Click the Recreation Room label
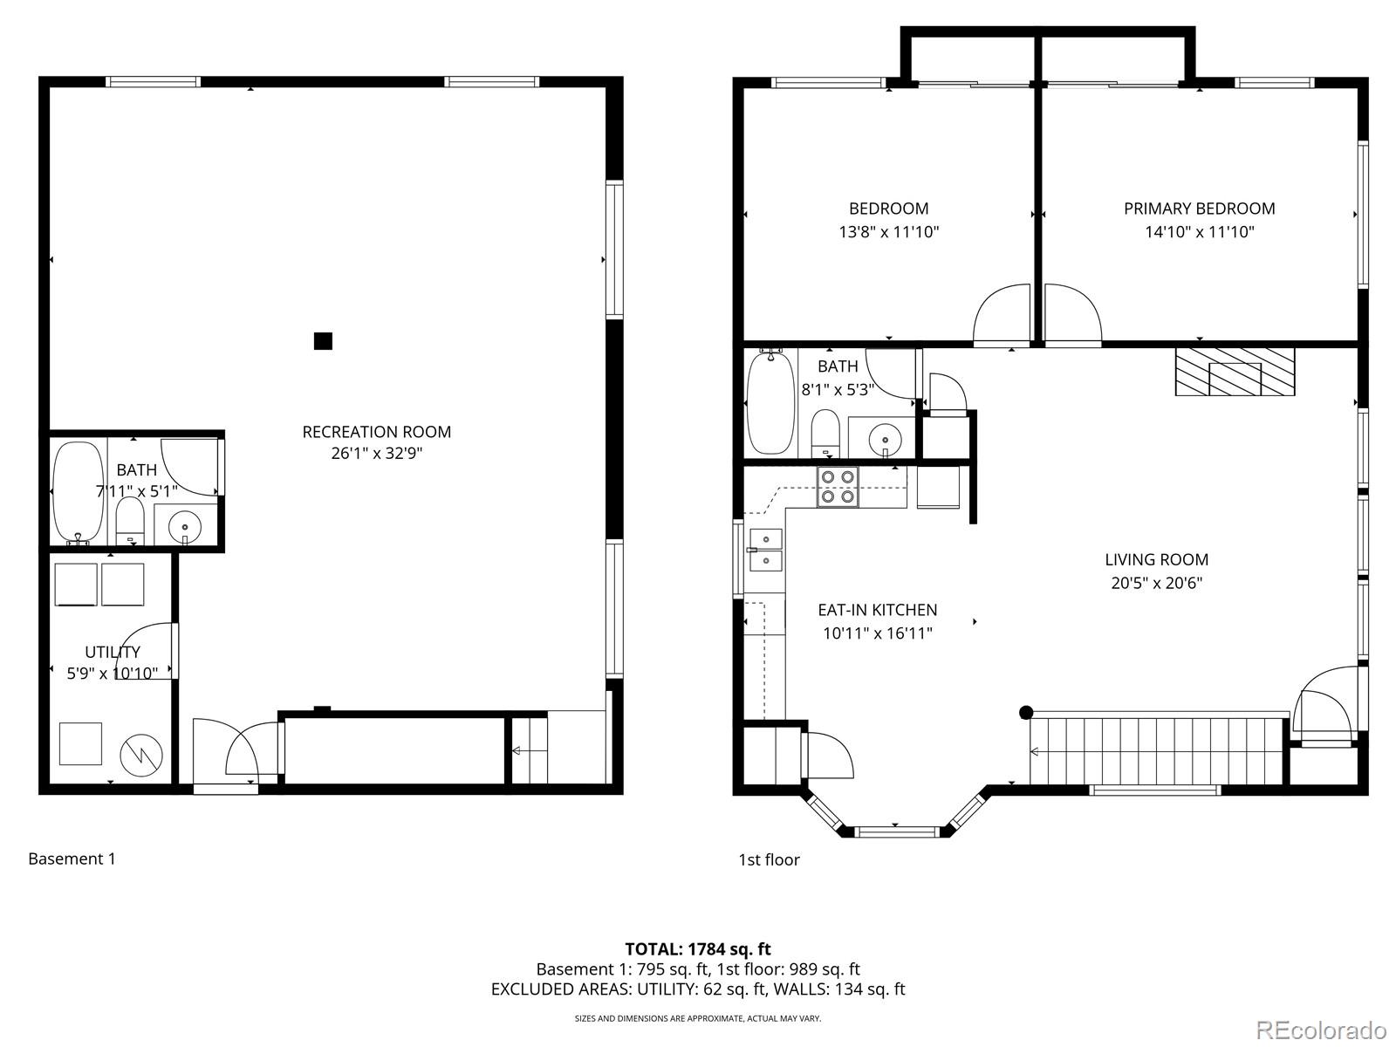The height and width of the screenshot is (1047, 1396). point(376,432)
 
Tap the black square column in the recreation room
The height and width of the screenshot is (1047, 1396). point(323,341)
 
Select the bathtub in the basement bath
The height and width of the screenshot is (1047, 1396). point(79,492)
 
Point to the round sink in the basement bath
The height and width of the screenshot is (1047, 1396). point(184,528)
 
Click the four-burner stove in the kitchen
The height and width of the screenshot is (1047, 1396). point(838,487)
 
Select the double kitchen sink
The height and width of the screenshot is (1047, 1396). point(765,550)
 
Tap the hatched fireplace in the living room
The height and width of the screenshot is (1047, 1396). point(1235,372)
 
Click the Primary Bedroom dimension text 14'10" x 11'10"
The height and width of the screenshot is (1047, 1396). point(1199,232)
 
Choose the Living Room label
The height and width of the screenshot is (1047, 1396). point(1156,559)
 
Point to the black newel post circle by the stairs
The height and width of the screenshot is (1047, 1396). point(1026,712)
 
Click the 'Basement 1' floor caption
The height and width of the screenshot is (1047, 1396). point(72,859)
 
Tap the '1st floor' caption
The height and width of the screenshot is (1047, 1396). point(769,859)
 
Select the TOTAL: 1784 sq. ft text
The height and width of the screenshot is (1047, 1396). point(697,948)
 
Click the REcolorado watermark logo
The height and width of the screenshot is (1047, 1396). point(1321,1030)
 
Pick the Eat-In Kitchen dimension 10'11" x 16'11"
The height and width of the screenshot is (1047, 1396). point(877,633)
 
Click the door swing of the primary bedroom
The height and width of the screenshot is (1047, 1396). point(1071,314)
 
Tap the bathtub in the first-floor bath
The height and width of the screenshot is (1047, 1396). point(770,402)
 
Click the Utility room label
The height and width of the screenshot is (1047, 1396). point(113,652)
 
